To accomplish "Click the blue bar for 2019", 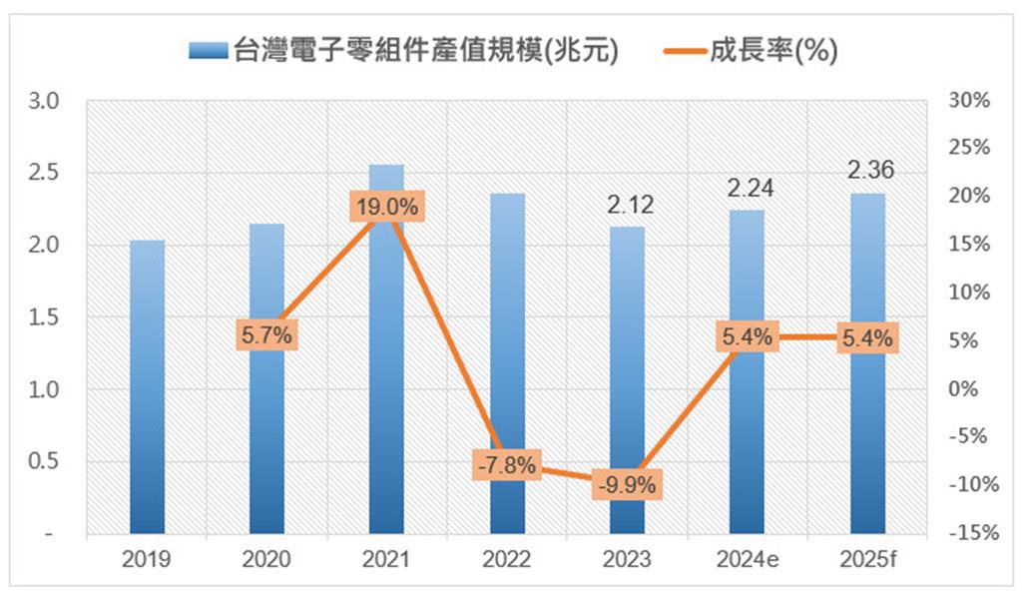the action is pyautogui.click(x=148, y=387).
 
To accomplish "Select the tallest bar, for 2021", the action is pyautogui.click(x=386, y=349).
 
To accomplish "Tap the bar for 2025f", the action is pyautogui.click(x=868, y=363).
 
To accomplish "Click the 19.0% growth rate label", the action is pyautogui.click(x=387, y=207).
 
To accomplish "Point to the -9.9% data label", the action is pyautogui.click(x=627, y=484).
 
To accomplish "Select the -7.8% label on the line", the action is pyautogui.click(x=507, y=465).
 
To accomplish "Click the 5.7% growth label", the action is pyautogui.click(x=266, y=335).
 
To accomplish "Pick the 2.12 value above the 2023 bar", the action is pyautogui.click(x=631, y=205).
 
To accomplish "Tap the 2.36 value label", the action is pyautogui.click(x=870, y=170).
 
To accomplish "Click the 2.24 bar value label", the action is pyautogui.click(x=751, y=189).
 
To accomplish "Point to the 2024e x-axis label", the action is pyautogui.click(x=748, y=559).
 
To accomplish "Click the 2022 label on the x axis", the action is pyautogui.click(x=506, y=559).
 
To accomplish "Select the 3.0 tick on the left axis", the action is pyautogui.click(x=43, y=101).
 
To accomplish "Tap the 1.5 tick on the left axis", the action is pyautogui.click(x=43, y=317).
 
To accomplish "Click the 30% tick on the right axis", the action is pyautogui.click(x=969, y=100).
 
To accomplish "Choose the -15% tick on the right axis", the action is pyautogui.click(x=974, y=533).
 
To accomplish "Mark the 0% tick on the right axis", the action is pyautogui.click(x=963, y=388).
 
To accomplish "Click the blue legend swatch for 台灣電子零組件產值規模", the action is pyautogui.click(x=208, y=50).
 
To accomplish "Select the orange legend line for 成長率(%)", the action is pyautogui.click(x=686, y=50).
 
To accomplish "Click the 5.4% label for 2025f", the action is pyautogui.click(x=867, y=337).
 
